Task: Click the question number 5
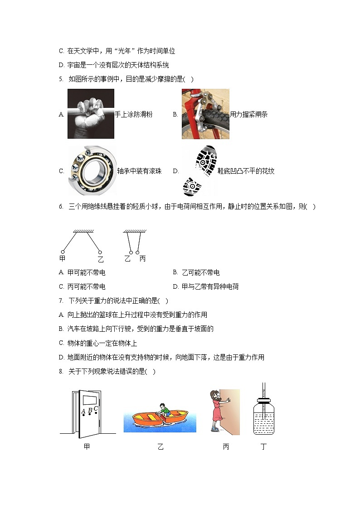point(61,79)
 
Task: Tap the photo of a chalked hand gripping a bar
point(91,113)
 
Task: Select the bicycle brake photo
point(205,114)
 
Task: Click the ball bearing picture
point(92,170)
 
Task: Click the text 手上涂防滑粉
point(133,115)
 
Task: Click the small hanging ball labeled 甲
point(63,252)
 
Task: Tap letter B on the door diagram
point(90,411)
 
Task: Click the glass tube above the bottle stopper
point(263,389)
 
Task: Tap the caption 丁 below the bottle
point(264,447)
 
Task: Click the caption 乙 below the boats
point(160,447)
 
